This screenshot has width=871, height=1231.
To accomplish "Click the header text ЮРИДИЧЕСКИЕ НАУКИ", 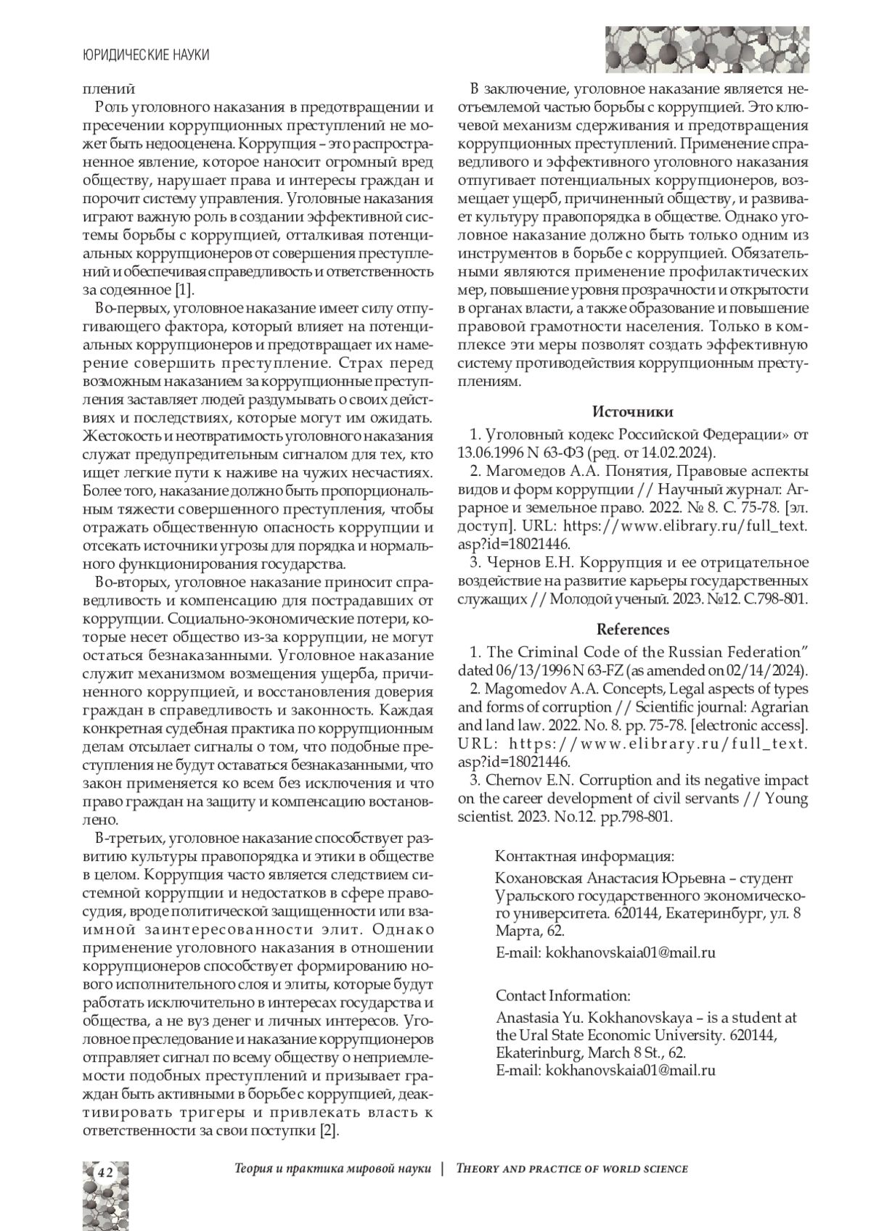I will click(x=146, y=55).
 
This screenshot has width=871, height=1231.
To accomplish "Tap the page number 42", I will click(x=105, y=1172).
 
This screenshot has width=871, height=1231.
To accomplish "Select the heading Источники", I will click(x=632, y=412).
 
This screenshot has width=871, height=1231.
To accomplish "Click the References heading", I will click(x=633, y=629).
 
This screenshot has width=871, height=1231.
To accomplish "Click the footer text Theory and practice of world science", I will click(x=572, y=1169).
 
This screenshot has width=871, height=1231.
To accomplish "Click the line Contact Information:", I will click(x=563, y=995).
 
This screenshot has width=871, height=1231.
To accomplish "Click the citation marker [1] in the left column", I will click(x=184, y=291).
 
